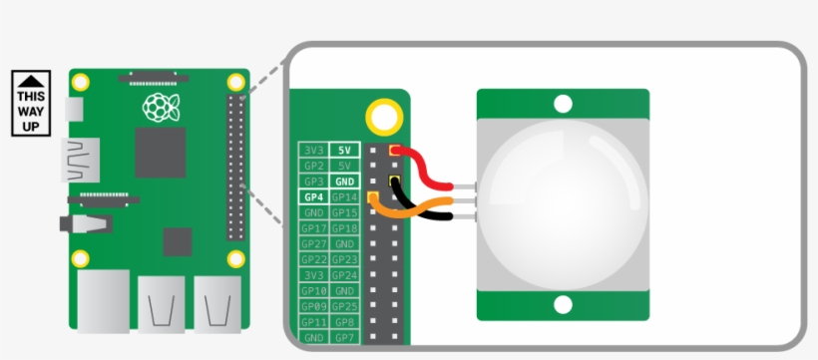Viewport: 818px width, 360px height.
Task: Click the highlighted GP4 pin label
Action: [312, 197]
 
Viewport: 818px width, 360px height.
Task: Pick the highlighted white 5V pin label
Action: [345, 150]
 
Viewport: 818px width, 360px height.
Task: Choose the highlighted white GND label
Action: [345, 181]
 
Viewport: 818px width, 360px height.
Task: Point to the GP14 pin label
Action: [345, 197]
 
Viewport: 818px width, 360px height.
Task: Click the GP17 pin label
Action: [312, 228]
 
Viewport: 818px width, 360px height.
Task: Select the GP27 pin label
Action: [312, 244]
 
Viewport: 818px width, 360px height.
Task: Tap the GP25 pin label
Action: [345, 306]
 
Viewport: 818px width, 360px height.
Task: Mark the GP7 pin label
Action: [345, 337]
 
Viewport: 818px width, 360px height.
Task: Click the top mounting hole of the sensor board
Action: [563, 103]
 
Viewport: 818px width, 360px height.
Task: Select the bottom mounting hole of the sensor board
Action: [563, 304]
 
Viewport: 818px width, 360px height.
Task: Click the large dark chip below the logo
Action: [160, 152]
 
